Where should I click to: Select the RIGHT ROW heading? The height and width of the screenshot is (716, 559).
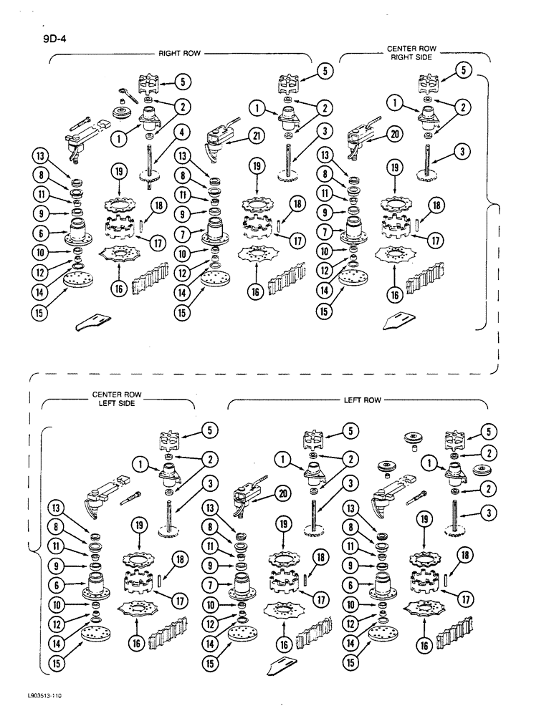[178, 53]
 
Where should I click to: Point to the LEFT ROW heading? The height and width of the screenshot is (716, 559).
[363, 400]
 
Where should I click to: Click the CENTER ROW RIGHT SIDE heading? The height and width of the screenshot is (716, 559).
[411, 52]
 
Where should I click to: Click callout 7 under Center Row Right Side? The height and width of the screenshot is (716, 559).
[326, 233]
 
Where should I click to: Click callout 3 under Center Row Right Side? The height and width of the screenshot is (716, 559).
[464, 153]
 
